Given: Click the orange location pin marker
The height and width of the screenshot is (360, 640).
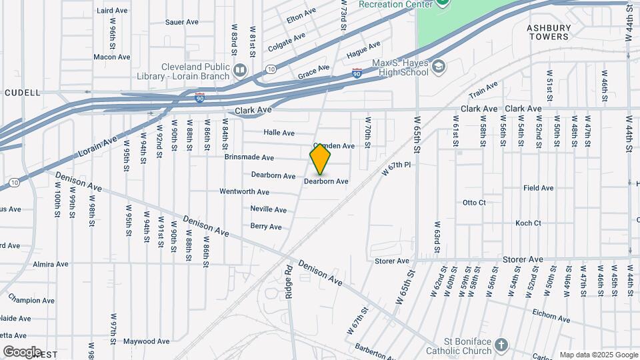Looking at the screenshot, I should click(x=320, y=159).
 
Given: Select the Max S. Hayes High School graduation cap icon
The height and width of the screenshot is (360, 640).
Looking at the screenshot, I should click(x=439, y=66).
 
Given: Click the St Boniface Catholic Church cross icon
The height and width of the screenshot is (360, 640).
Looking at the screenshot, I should click(x=501, y=345).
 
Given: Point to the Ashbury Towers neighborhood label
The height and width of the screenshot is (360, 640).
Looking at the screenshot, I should click(x=549, y=32).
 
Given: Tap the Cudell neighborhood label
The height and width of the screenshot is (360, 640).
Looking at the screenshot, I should click(x=22, y=93).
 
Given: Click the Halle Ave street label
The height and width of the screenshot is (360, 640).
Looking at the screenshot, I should click(x=279, y=133).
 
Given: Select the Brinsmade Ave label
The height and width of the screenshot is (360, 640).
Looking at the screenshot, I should click(x=249, y=158).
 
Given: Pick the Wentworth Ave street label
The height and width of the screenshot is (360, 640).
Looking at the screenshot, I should click(x=245, y=191).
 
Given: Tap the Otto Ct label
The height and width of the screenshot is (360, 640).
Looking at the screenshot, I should click(x=474, y=202).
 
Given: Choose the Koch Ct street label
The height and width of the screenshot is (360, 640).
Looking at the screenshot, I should click(x=528, y=223).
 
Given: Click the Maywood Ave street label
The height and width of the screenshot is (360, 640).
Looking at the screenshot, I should click(x=146, y=341).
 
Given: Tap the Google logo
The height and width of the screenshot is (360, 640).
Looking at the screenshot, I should click(x=22, y=351).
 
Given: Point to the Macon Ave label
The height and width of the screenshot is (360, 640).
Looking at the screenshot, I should click(x=111, y=57).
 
